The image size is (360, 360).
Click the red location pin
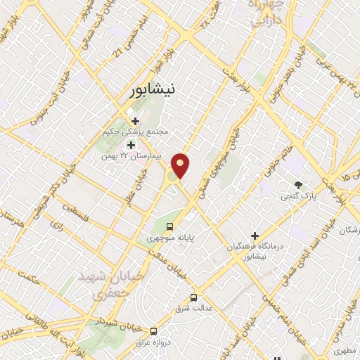[182, 165]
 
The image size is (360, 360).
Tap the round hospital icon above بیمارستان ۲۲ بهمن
[130, 144]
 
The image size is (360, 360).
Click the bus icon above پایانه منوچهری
[169, 226]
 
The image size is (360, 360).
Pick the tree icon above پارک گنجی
[299, 186]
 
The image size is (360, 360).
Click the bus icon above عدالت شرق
[194, 297]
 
